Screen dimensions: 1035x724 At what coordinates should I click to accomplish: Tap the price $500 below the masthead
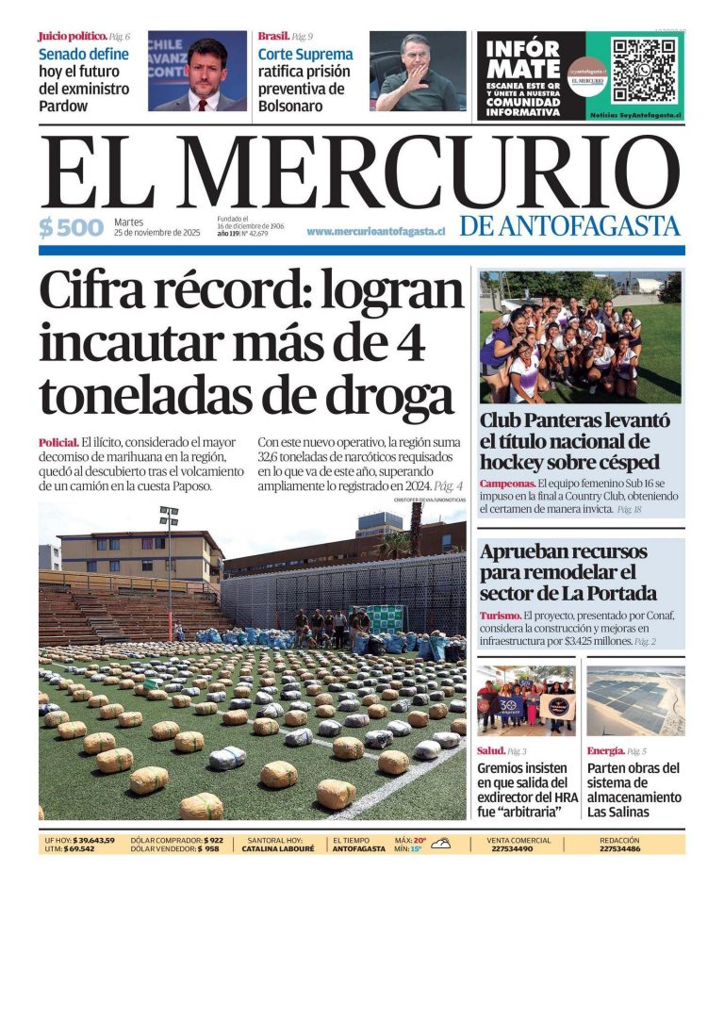(72, 227)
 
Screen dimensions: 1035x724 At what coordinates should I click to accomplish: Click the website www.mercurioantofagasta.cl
(375, 231)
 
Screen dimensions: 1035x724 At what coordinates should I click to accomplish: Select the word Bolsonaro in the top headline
(290, 106)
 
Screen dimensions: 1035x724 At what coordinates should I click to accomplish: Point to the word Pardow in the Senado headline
(63, 106)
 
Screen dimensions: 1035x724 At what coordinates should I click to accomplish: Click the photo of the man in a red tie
(197, 72)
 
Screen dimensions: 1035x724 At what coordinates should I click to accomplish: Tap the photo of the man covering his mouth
(417, 72)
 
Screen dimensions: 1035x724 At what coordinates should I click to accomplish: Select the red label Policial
(58, 442)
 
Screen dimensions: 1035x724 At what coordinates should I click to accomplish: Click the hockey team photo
(580, 337)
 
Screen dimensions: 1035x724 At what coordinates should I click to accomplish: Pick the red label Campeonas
(507, 484)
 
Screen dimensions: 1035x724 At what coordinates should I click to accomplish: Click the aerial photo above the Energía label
(635, 701)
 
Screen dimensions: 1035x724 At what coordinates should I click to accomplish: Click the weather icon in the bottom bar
(440, 844)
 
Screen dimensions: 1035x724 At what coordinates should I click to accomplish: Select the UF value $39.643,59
(93, 840)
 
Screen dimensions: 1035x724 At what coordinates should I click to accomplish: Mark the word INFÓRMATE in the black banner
(524, 58)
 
